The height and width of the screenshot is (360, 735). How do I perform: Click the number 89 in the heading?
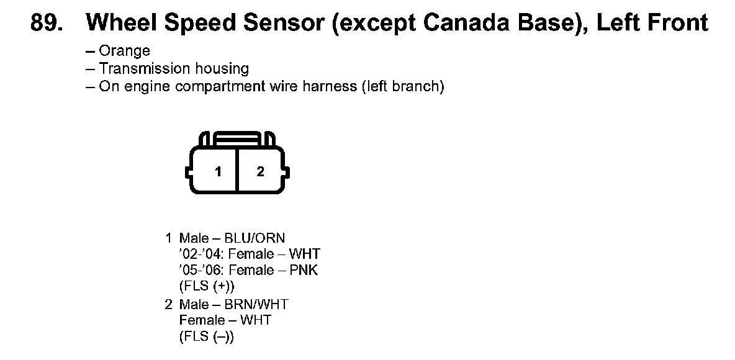click(x=47, y=22)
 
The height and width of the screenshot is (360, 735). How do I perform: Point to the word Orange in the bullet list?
click(x=124, y=51)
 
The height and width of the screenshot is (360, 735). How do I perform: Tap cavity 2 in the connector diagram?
click(x=261, y=171)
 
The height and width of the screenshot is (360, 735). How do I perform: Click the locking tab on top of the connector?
click(x=237, y=139)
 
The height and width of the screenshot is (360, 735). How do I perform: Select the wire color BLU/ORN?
click(x=255, y=238)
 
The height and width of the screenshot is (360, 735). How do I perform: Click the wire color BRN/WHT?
click(x=256, y=305)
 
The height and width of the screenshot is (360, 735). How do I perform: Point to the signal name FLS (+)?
click(x=207, y=286)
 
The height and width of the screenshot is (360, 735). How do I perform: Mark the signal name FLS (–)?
click(x=207, y=337)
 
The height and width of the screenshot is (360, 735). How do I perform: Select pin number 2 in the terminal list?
click(x=169, y=305)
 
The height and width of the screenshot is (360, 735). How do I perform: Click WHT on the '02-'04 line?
click(x=305, y=254)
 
